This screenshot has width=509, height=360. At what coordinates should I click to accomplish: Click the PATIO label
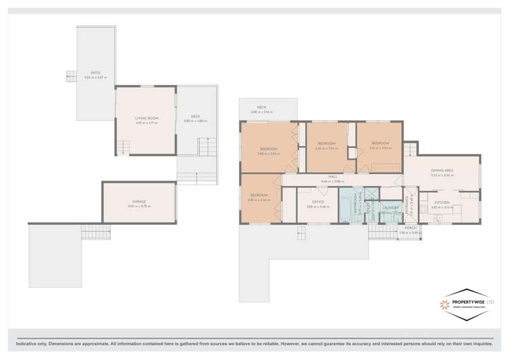tap(96, 73)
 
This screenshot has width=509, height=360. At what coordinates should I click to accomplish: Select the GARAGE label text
tap(139, 201)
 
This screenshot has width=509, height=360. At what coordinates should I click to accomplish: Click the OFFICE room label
tap(317, 202)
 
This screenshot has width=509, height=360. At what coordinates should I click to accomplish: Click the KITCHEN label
tap(442, 202)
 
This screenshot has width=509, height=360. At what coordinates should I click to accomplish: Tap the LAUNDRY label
tap(390, 208)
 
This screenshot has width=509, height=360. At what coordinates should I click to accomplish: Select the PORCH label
tap(410, 228)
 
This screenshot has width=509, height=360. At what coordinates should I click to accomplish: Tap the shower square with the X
tap(371, 194)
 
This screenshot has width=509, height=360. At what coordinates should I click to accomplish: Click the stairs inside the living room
tap(122, 147)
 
